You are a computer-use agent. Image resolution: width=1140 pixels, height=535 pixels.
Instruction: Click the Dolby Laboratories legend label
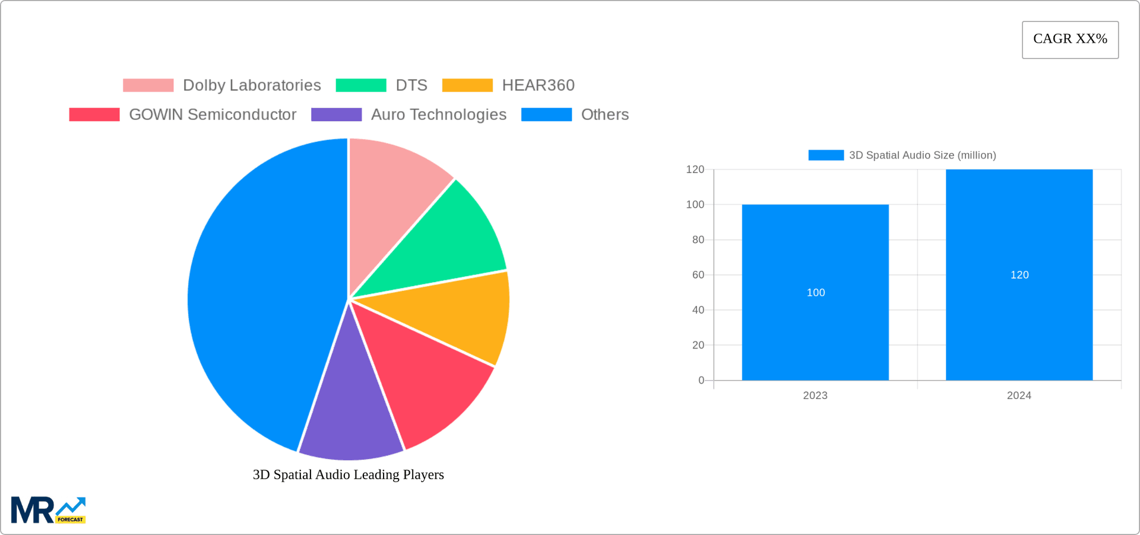point(252,86)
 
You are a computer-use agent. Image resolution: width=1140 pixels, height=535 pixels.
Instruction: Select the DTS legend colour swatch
point(361,86)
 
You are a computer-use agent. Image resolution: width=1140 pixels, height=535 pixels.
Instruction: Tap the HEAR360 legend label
point(538,86)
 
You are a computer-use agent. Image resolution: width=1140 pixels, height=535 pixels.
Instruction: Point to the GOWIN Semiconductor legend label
point(213,115)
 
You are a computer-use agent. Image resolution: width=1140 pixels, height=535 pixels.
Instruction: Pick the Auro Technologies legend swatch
point(336,115)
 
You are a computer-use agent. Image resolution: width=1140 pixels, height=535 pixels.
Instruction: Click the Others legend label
point(604,115)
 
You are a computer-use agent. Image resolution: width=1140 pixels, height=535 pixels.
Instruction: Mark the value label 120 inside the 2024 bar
point(1019,275)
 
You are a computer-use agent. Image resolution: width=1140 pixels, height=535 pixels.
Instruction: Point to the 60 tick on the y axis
point(698,275)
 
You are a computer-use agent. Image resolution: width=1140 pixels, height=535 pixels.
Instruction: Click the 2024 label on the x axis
point(1019,395)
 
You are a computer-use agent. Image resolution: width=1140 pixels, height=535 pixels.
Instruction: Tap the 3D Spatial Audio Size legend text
point(922,155)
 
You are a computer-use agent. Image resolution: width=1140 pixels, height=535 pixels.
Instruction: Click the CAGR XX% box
point(1070,40)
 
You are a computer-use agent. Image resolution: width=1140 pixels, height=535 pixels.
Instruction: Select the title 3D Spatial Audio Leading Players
point(349,474)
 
